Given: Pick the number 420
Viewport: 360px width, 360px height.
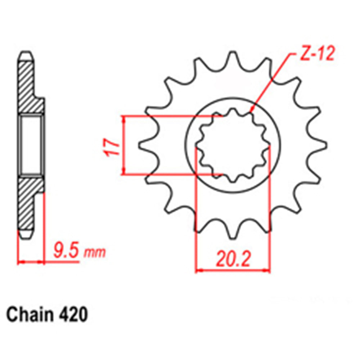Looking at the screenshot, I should point(72,315).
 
